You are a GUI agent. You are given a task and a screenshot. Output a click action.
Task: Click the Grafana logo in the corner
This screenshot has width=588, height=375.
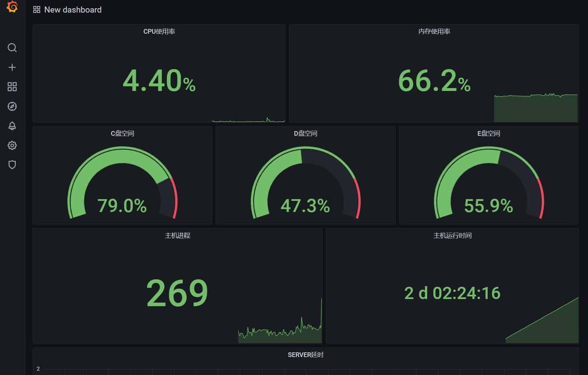pos(12,7)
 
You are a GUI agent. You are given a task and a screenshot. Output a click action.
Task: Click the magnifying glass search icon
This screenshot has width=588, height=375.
pos(12,48)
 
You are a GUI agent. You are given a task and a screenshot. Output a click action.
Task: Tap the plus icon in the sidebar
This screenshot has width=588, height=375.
pos(12,68)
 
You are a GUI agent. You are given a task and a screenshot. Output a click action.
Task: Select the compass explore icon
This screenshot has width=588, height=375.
pos(12,107)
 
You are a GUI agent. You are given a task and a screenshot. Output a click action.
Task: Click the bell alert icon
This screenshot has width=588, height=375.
pos(12,126)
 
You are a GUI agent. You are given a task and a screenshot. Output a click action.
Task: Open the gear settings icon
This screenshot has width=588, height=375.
pos(12,146)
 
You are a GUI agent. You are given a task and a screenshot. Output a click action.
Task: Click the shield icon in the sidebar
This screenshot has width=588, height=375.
pos(12,165)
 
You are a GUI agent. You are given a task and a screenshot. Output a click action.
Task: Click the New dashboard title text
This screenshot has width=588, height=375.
pos(73,10)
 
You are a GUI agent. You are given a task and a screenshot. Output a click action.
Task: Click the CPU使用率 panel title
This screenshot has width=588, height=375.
pos(159,32)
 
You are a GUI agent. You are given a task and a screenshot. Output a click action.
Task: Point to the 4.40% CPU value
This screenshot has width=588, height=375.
pos(159,81)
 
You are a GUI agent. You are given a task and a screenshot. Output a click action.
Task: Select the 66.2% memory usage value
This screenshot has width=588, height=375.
pos(434,81)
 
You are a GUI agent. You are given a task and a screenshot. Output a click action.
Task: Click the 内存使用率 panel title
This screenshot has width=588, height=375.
pos(434,32)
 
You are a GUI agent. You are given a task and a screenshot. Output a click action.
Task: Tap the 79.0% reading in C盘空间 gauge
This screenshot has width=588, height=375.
pos(122,206)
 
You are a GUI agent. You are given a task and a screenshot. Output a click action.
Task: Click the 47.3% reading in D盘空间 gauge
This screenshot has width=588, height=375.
pos(305,206)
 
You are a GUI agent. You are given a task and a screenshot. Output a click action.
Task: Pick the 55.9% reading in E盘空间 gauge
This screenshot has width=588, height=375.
pos(488,206)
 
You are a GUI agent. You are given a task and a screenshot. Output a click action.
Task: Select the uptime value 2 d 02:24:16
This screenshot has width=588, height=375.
pos(452,293)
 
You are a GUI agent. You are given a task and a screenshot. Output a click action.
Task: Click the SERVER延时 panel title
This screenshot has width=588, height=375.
pos(305,355)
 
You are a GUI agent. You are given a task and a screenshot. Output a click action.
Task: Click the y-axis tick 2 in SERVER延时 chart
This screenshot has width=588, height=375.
pos(39,369)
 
